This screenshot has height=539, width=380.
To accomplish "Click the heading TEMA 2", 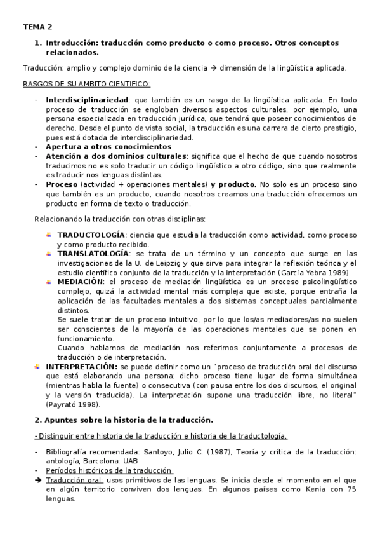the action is (37, 27).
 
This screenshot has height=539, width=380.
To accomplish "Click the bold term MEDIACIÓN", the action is (80, 280).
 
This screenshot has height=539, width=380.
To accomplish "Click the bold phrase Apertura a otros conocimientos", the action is (100, 146).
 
